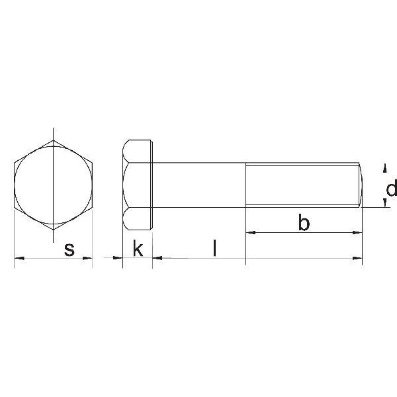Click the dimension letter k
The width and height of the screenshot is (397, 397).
click(138, 249)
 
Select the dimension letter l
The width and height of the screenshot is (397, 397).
click(214, 249)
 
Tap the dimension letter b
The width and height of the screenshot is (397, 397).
click(304, 224)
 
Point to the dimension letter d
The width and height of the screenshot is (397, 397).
click(391, 190)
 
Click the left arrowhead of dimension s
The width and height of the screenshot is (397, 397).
click(19, 258)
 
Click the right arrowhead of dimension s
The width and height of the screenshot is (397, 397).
click(88, 258)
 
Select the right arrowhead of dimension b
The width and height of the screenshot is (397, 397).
click(358, 232)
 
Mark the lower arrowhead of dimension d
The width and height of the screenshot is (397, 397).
click(385, 202)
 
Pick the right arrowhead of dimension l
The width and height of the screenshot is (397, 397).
click(242, 258)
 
